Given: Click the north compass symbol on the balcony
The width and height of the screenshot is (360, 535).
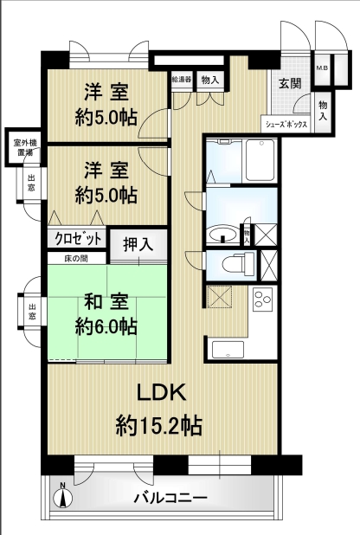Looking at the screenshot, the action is tap(63, 498).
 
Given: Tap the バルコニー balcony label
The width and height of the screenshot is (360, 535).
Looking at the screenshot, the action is tap(170, 498).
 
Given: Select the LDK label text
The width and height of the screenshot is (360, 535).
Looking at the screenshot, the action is tap(162, 392).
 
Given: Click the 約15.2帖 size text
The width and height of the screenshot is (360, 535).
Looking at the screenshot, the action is tap(159, 425).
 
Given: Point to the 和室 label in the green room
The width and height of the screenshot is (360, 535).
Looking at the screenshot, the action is tap(106, 302).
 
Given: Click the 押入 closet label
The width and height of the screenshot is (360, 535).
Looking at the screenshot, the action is tap(138, 245).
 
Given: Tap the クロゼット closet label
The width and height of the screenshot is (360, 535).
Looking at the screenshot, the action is tap(79, 238).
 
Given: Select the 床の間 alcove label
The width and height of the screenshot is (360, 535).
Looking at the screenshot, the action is tap(76, 259).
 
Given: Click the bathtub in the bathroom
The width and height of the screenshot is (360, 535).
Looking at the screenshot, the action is tap(260, 160).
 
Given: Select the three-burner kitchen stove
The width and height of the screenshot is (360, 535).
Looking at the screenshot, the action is tap(262, 299).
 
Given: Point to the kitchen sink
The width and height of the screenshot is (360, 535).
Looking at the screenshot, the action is tap(228, 349).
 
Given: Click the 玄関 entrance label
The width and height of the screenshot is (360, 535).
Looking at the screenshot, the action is tap(291, 83).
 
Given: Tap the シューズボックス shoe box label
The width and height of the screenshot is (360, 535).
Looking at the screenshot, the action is tap(286, 124).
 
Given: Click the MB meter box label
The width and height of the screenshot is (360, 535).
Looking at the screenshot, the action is tap(322, 68).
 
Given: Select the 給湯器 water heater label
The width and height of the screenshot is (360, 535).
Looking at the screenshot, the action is tap(182, 79).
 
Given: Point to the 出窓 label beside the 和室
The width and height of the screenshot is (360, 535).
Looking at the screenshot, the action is tap(32, 311).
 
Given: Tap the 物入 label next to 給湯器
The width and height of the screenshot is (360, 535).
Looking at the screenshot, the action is tap(210, 81).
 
